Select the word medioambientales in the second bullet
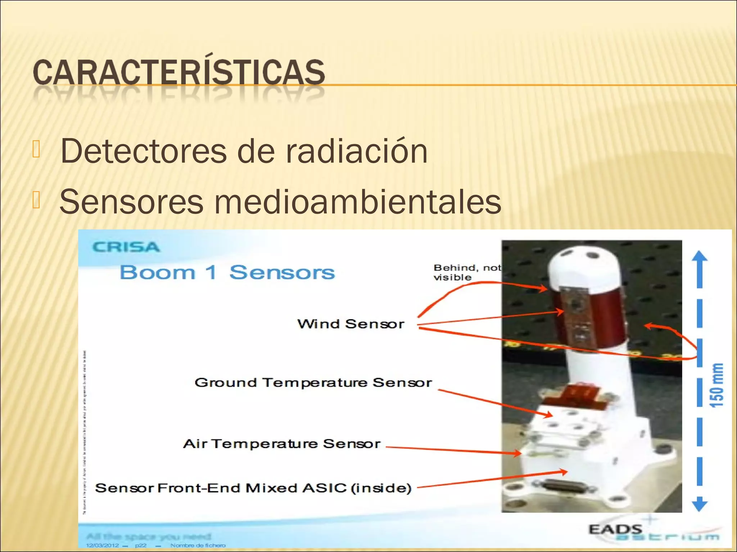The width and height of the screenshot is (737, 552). coord(357,202)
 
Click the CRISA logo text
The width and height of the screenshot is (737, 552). coord(126,247)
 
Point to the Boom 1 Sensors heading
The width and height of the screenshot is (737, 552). coord(227,272)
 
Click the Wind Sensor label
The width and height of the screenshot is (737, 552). coord(351,324)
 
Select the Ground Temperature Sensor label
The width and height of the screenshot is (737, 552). coord(313,383)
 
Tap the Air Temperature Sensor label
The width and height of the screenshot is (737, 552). coord(282,444)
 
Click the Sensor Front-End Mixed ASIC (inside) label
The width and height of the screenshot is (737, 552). coord(253,488)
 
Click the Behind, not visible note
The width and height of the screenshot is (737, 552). coord(467,272)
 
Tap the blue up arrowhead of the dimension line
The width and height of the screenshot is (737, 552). coord(700,257)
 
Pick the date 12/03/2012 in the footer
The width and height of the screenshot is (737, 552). coord(102,546)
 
